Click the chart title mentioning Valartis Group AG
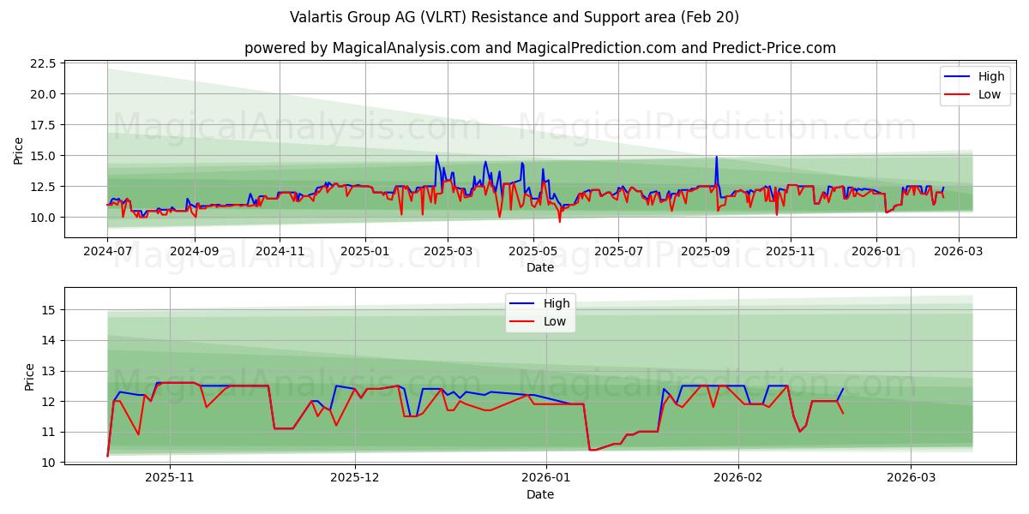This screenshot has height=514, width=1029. click(514, 17)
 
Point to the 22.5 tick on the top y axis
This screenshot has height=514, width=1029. click(43, 63)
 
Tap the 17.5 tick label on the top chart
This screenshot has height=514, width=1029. click(43, 125)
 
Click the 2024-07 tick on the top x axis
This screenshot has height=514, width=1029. click(107, 252)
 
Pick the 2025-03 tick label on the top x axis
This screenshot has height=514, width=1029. click(449, 252)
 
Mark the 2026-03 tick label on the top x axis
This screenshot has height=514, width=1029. click(959, 252)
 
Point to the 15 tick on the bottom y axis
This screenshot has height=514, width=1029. click(49, 310)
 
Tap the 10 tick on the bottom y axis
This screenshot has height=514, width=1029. click(49, 463)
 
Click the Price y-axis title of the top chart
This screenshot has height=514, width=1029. click(19, 151)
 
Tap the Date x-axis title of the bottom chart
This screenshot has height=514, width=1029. click(540, 494)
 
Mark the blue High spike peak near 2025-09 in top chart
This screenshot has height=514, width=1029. click(716, 158)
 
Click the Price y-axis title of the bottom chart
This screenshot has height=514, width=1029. click(30, 377)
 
